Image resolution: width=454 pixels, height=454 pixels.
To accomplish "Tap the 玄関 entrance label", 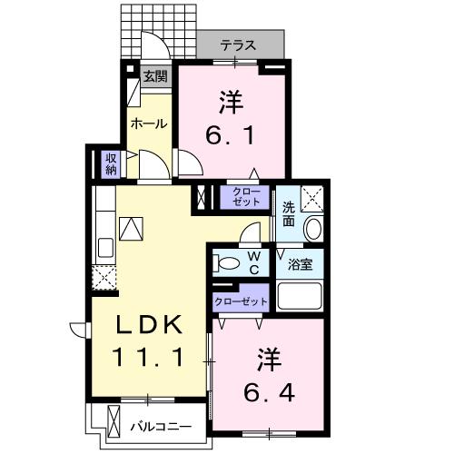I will [154, 77].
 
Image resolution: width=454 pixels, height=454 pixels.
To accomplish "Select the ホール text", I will [148, 123].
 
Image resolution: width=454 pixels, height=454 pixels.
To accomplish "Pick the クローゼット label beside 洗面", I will [245, 197].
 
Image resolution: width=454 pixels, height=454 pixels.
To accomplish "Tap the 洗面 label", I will [287, 212].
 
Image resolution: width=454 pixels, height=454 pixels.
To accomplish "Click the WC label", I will [255, 263].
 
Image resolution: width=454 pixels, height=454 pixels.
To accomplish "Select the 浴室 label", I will [301, 264].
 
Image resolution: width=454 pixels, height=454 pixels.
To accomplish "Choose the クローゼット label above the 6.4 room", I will [241, 301].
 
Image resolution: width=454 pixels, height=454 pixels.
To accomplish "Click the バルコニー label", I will [160, 424].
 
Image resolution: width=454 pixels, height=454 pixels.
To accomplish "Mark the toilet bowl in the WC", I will [227, 263].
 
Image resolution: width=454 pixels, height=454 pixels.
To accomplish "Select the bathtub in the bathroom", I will [300, 295].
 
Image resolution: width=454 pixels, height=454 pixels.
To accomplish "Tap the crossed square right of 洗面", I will [312, 197].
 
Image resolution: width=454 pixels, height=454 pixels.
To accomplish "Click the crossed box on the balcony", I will [113, 423].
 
